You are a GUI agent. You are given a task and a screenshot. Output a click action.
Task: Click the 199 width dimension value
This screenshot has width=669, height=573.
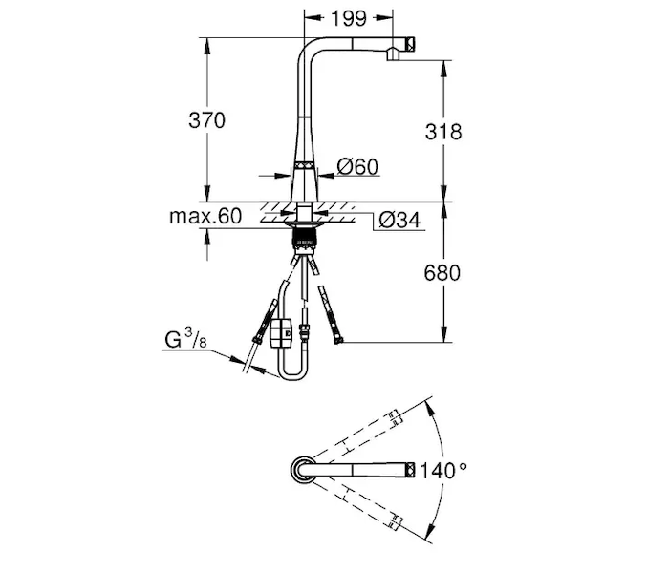pos(349,18)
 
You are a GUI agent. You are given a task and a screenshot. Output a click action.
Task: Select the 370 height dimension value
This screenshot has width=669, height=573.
pos(207,120)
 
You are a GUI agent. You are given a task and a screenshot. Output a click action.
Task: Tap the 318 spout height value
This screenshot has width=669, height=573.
pos(443,132)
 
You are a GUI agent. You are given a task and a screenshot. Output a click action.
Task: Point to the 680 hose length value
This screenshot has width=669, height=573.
pos(442,273)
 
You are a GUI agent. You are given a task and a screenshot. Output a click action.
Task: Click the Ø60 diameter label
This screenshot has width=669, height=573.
pos(357,167)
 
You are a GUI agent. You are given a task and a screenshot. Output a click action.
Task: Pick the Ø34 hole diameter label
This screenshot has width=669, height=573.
pos(399,220)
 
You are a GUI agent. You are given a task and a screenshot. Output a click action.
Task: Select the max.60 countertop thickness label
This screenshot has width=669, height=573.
pos(205,216)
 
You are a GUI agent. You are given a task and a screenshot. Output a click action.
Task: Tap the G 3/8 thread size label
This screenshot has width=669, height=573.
pos(185,339)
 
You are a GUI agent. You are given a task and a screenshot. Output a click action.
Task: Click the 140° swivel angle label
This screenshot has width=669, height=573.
pos(443,471)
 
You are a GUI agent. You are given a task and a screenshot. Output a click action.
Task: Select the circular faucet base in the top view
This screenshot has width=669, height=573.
pos(303,470)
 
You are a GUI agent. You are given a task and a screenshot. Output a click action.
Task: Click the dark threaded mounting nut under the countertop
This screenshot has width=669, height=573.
pos(304,237)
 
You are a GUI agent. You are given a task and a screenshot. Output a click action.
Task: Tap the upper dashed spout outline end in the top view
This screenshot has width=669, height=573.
pos(395,416)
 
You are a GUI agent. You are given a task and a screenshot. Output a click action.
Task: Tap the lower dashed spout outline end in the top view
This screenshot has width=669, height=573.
pos(395,522)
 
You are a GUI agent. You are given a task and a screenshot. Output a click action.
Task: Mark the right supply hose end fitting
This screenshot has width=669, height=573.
pos(338,340)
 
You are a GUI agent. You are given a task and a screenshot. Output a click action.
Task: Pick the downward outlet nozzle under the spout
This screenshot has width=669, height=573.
pos(393,54)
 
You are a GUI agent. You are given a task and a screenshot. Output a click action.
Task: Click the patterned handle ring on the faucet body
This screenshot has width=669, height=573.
pos(304,166)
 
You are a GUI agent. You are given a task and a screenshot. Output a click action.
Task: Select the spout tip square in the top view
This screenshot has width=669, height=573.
pos(410,470)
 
